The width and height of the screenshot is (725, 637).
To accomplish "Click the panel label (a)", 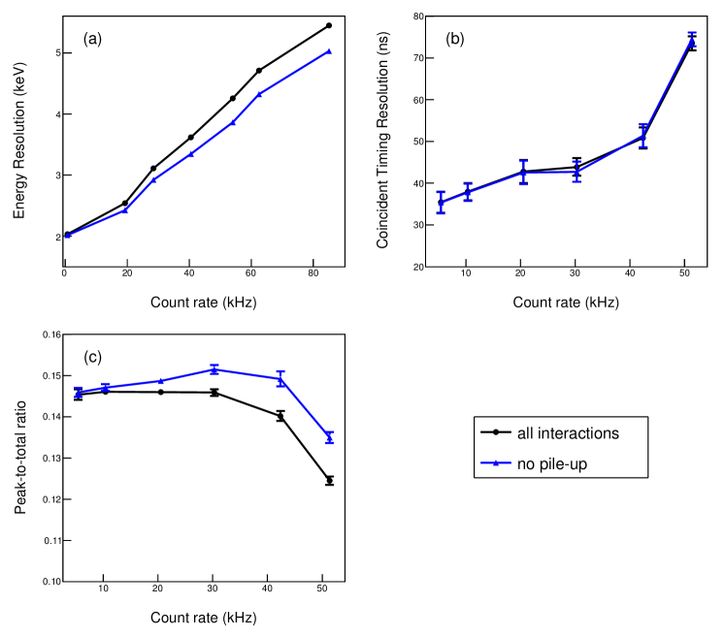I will click(92, 39).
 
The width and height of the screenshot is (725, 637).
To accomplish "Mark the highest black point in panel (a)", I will click(329, 25).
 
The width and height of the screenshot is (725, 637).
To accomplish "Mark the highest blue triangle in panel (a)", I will click(329, 51).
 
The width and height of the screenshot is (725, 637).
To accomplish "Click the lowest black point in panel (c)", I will click(329, 480).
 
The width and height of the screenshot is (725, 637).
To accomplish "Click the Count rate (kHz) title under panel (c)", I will click(202, 618).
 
